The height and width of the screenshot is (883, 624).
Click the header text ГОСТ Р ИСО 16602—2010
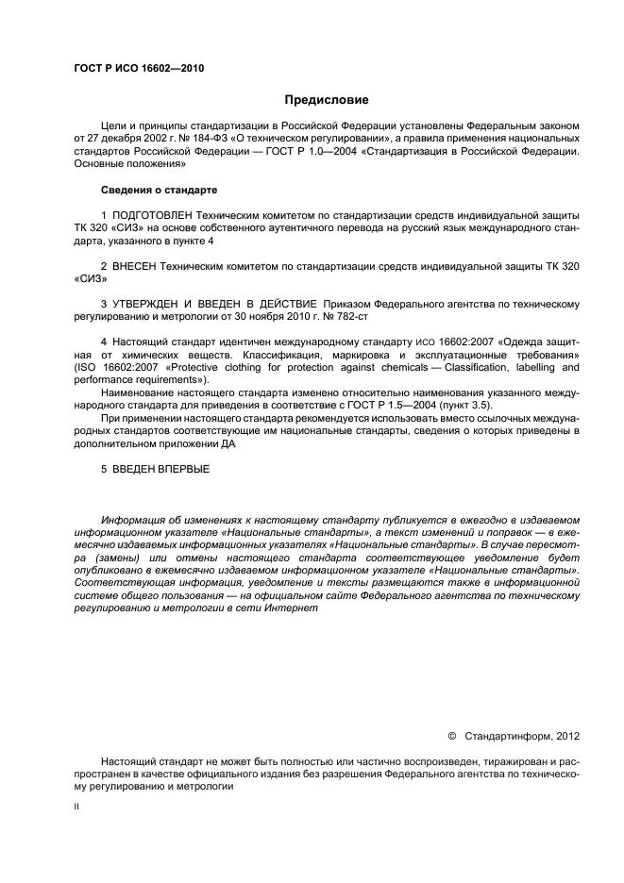(138, 69)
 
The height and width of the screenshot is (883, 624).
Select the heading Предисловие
(327, 99)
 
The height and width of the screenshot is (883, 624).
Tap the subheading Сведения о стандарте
(153, 191)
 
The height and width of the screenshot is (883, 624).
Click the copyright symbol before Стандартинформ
(451, 736)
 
